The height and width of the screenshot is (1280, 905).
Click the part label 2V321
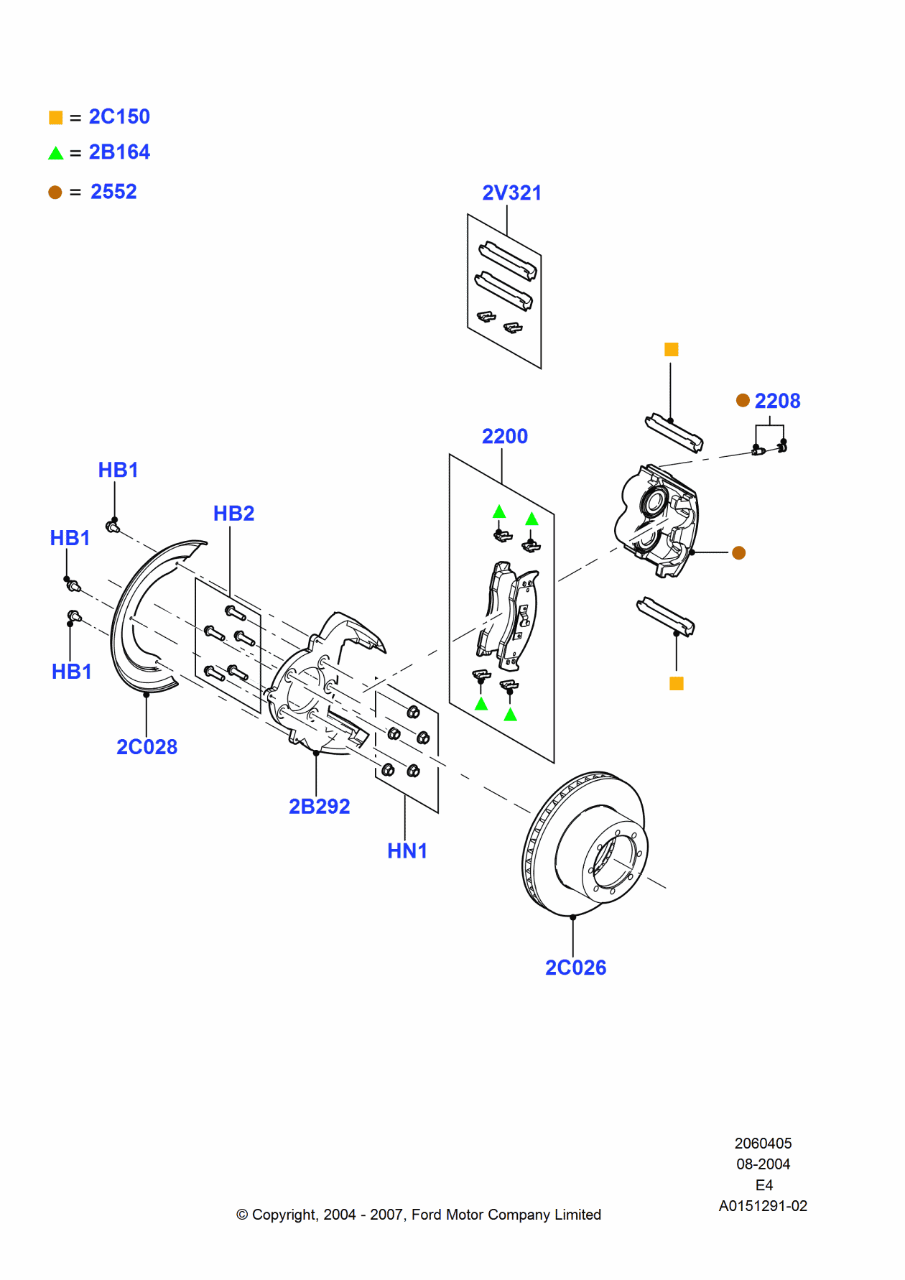click(x=511, y=193)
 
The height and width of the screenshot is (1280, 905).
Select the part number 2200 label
click(x=504, y=436)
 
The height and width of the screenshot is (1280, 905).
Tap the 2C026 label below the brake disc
click(x=575, y=968)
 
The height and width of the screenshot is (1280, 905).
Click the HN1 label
click(x=407, y=850)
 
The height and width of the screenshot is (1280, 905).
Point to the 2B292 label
click(x=319, y=806)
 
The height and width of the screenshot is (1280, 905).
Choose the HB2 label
click(x=233, y=514)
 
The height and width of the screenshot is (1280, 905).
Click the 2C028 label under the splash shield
click(x=147, y=747)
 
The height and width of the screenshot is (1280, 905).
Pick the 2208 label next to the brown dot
click(x=777, y=401)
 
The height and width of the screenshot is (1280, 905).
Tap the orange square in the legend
click(x=56, y=118)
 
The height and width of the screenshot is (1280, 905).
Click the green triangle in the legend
click(x=56, y=153)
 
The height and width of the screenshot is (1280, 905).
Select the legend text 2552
click(x=113, y=192)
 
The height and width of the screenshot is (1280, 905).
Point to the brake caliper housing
click(x=657, y=521)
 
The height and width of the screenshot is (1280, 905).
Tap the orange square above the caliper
click(x=672, y=350)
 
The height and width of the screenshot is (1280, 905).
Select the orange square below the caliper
click(x=676, y=683)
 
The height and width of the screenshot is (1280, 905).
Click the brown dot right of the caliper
click(x=738, y=552)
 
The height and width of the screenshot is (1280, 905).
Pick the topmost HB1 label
click(x=118, y=470)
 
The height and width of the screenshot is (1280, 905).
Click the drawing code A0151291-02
click(x=763, y=1206)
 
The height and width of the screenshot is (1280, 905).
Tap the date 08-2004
click(x=763, y=1164)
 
